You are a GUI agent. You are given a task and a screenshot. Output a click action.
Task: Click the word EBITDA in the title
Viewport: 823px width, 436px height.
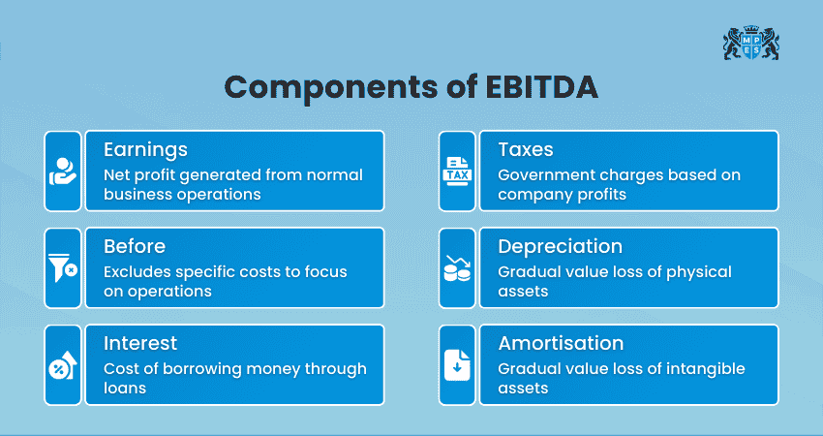(539, 87)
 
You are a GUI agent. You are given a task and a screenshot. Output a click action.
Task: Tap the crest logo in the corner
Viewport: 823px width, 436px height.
(750, 44)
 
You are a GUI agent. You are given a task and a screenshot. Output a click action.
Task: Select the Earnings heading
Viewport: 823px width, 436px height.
(145, 150)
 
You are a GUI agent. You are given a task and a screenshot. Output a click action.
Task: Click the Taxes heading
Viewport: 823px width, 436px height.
(527, 150)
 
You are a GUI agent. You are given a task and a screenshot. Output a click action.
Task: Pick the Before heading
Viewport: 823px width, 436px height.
(135, 247)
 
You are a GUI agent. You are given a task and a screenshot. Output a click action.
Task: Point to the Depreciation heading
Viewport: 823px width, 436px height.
(560, 247)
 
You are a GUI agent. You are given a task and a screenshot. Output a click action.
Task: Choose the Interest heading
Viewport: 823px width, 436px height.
(139, 344)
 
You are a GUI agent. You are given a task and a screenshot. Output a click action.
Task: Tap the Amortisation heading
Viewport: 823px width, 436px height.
(561, 344)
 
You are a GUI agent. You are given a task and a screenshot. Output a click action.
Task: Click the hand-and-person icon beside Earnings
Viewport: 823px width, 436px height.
(63, 171)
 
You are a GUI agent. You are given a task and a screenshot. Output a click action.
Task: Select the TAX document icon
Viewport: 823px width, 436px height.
(457, 171)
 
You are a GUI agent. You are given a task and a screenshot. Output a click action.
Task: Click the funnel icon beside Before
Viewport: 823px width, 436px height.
(63, 267)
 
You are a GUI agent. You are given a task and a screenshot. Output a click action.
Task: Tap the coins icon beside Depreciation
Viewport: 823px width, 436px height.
(457, 267)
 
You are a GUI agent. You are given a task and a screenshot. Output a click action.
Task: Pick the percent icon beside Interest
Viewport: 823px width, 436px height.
(63, 364)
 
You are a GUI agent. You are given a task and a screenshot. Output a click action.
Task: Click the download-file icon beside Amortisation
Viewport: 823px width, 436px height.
(457, 364)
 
